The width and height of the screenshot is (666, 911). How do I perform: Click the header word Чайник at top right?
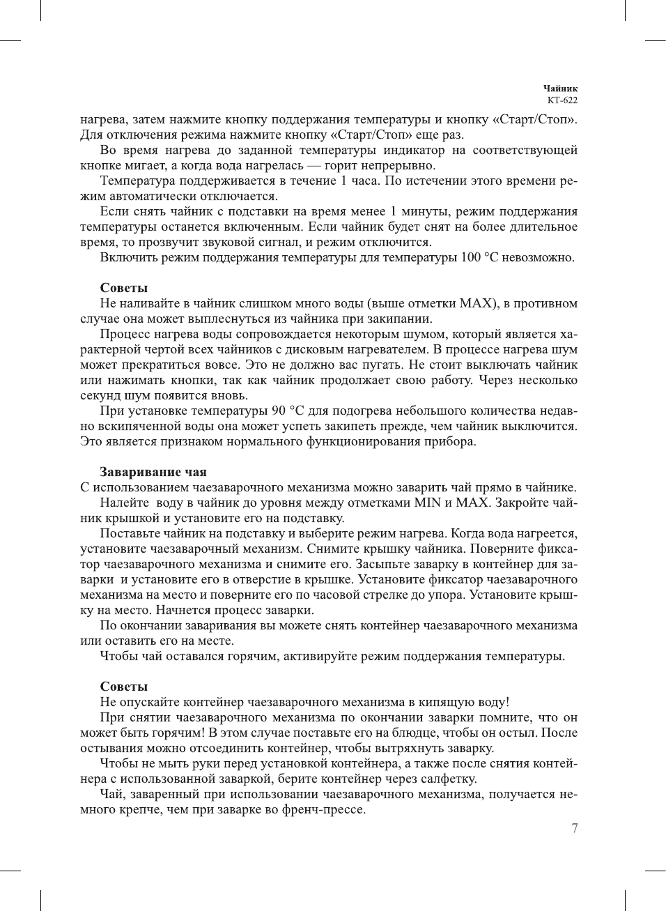pos(560,89)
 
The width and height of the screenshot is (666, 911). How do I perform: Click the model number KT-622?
pos(562,100)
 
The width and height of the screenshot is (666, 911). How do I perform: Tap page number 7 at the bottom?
pos(574,829)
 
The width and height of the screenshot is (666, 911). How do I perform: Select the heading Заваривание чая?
pos(153,472)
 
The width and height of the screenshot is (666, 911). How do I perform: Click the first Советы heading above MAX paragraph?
pos(123,288)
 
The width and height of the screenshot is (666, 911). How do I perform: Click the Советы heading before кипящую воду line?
pos(123,687)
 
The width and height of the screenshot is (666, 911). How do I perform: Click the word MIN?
pos(428,503)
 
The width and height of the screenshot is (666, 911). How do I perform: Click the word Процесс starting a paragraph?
pos(125,335)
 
